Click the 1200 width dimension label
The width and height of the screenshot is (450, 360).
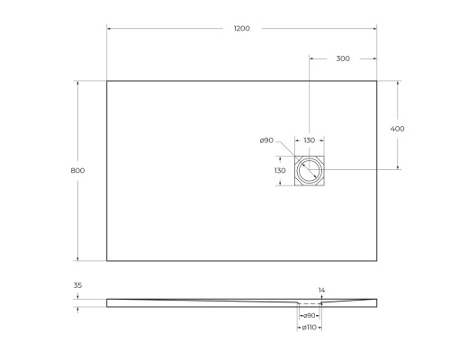(241, 29)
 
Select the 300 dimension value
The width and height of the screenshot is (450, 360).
(343, 58)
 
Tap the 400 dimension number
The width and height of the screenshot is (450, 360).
(397, 129)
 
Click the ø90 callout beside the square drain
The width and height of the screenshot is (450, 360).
(266, 140)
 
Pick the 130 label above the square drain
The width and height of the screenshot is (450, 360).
(309, 140)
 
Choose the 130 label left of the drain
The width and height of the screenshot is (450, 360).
(280, 170)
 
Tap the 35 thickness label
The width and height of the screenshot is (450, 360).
(77, 285)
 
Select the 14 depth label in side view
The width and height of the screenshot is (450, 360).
(321, 290)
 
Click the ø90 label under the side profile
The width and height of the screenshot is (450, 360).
(309, 315)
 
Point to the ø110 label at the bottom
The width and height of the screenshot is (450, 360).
(309, 328)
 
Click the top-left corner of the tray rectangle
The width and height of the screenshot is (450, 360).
(107, 81)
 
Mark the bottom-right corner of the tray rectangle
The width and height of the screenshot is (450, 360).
(376, 261)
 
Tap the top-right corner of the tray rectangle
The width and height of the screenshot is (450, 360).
(376, 81)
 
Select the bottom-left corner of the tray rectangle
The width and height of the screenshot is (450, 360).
(107, 261)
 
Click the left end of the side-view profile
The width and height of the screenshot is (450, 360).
(108, 301)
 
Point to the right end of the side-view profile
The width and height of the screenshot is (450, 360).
(375, 301)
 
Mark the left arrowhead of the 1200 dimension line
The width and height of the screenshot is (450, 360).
(110, 29)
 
